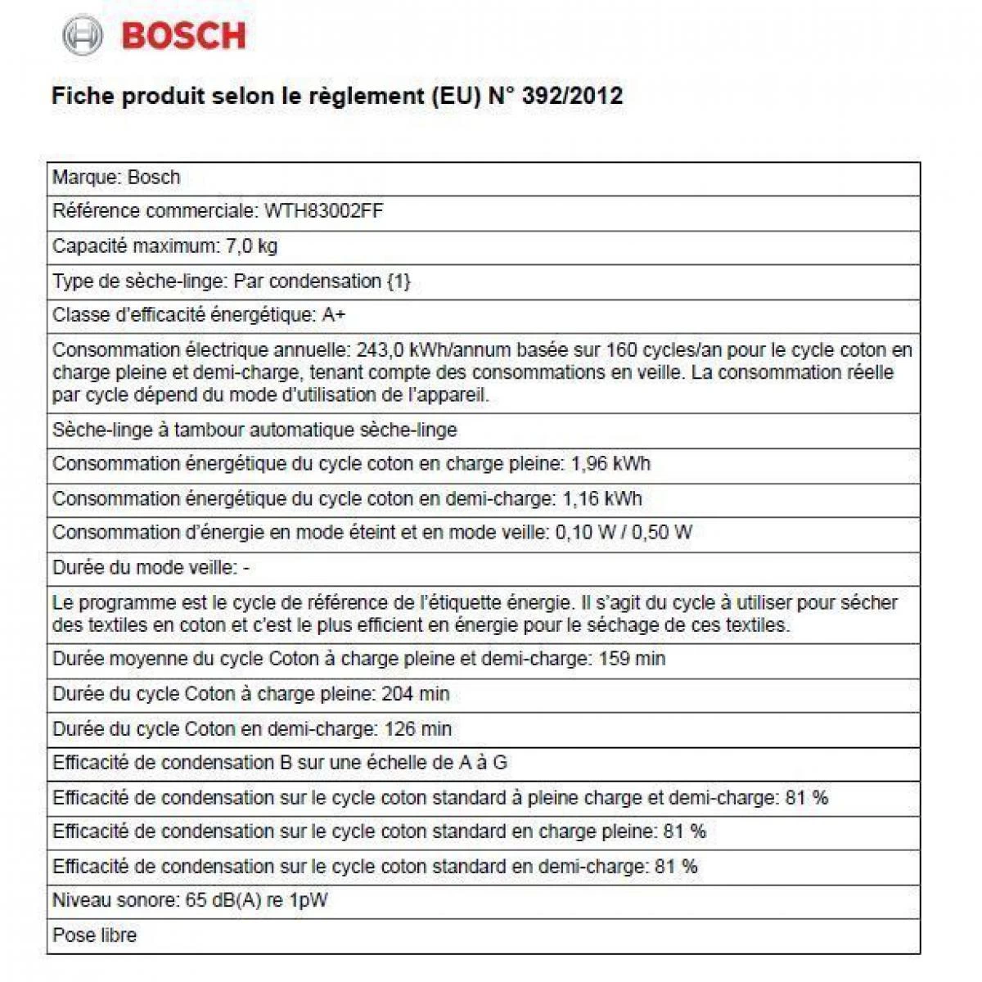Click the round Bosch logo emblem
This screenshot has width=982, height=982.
(x=83, y=36)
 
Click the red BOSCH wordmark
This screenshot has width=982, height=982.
(x=183, y=36)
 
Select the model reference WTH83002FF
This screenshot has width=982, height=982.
(x=323, y=211)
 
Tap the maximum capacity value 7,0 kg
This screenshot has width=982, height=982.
(x=251, y=245)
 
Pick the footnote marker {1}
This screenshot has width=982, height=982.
(x=398, y=281)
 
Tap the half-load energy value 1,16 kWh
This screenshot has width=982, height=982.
(x=601, y=498)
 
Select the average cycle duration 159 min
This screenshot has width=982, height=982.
(x=632, y=659)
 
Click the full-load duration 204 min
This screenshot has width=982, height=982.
(x=416, y=694)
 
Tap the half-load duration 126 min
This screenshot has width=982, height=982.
(x=418, y=728)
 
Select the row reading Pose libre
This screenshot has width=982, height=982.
(x=95, y=935)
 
